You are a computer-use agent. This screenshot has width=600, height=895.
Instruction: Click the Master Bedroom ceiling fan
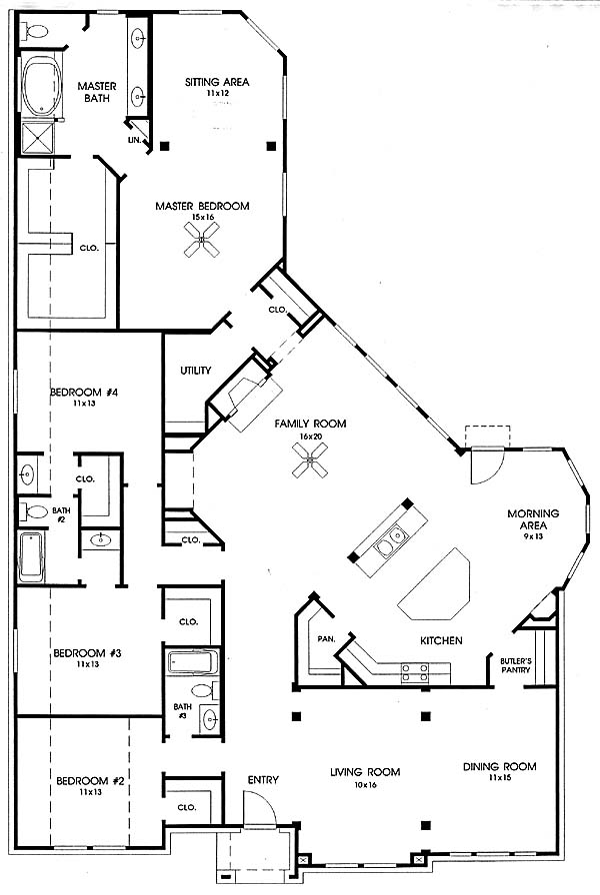click(201, 239)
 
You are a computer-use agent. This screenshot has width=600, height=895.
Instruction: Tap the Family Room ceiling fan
click(310, 460)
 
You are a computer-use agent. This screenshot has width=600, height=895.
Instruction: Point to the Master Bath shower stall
click(38, 138)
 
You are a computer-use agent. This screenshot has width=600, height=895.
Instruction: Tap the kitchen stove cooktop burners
click(415, 672)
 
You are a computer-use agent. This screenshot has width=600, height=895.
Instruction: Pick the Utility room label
click(195, 371)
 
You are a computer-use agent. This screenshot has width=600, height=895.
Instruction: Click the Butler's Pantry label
click(515, 665)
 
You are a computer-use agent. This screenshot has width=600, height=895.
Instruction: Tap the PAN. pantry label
click(326, 639)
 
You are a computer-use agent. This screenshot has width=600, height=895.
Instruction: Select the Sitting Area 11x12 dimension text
click(217, 93)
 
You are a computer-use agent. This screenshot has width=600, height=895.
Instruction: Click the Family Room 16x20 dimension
click(310, 437)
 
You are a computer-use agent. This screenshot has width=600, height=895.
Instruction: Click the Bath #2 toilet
click(33, 510)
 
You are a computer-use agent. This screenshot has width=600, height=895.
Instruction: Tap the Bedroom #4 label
click(84, 393)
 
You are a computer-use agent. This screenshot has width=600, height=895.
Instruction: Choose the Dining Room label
click(499, 766)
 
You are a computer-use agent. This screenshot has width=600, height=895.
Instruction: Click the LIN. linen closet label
click(135, 139)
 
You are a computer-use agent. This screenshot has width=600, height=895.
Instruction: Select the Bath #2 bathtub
click(31, 556)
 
